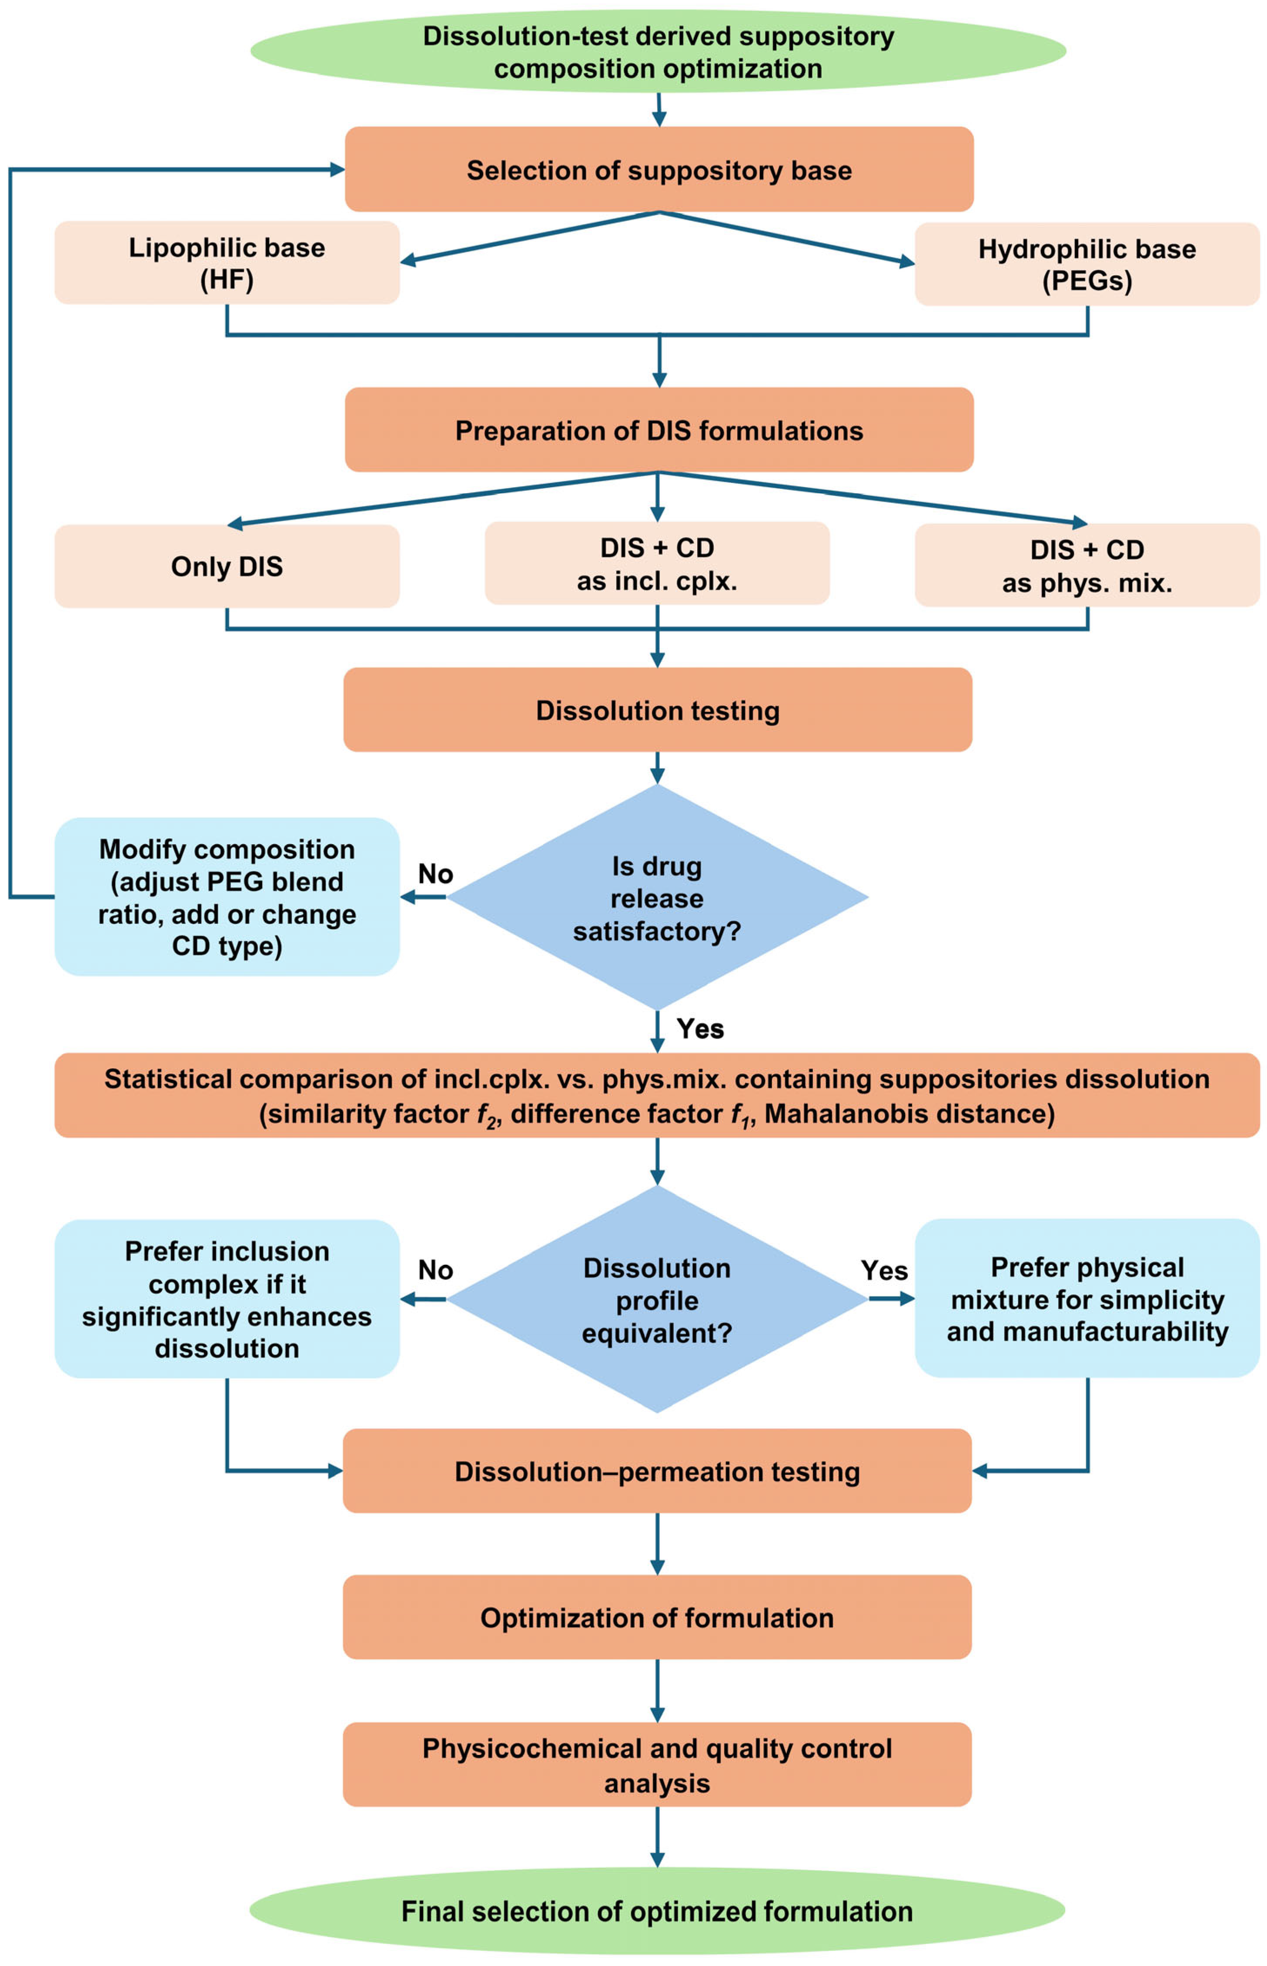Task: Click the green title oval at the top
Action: pos(658,51)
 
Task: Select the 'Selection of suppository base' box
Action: pos(658,170)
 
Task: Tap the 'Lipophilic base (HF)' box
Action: pos(227,263)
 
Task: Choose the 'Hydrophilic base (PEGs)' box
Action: pos(1087,264)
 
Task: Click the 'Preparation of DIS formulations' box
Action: pos(658,430)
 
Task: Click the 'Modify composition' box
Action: pos(227,896)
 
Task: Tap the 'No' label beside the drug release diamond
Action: pos(435,873)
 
